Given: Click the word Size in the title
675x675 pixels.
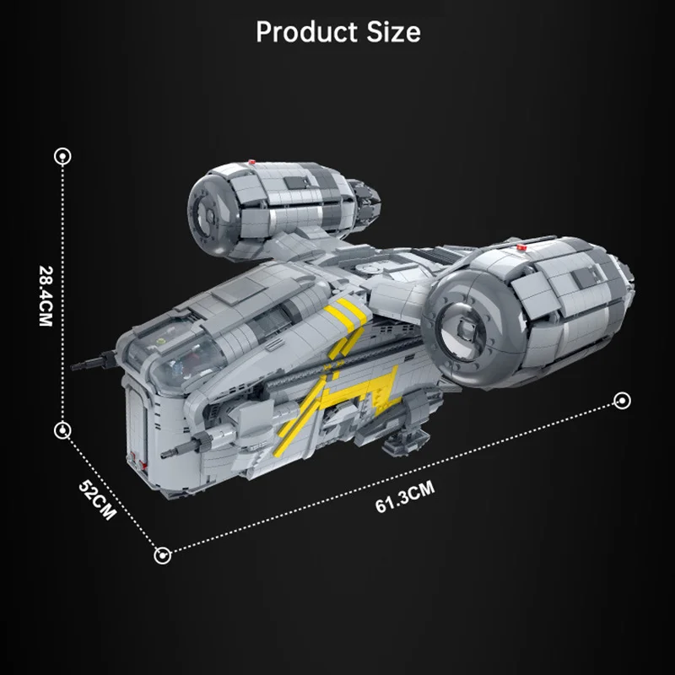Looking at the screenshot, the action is [x=393, y=32].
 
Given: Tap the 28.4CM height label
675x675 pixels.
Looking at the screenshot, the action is [x=46, y=296].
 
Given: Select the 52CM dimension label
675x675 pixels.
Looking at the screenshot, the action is [x=98, y=499].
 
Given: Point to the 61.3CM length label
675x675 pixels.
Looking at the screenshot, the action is [x=405, y=498].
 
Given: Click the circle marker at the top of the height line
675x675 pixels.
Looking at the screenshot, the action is [x=62, y=156].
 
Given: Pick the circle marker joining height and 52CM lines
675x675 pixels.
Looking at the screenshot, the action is [x=62, y=430].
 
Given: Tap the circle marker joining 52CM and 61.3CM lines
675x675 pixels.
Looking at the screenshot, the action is [x=162, y=555].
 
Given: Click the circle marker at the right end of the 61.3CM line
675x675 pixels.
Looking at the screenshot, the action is [x=622, y=401].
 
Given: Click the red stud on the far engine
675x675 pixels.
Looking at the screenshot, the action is [x=252, y=162].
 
